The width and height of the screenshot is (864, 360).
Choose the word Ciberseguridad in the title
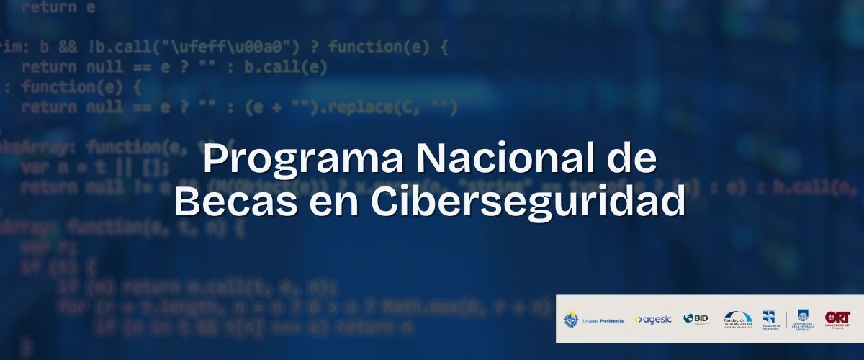(x=528, y=202)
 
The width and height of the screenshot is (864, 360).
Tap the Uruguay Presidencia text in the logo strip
(x=603, y=320)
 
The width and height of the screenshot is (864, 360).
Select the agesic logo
(x=653, y=319)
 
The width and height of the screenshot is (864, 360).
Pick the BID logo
(x=696, y=319)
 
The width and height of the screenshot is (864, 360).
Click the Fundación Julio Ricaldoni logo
(x=737, y=319)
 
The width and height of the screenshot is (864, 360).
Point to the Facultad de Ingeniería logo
(x=769, y=319)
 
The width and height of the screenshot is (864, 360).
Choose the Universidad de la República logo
(x=801, y=319)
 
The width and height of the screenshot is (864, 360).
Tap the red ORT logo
(x=837, y=318)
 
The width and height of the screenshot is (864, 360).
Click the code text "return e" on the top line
(x=58, y=8)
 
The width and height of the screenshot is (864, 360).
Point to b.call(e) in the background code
(x=285, y=68)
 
